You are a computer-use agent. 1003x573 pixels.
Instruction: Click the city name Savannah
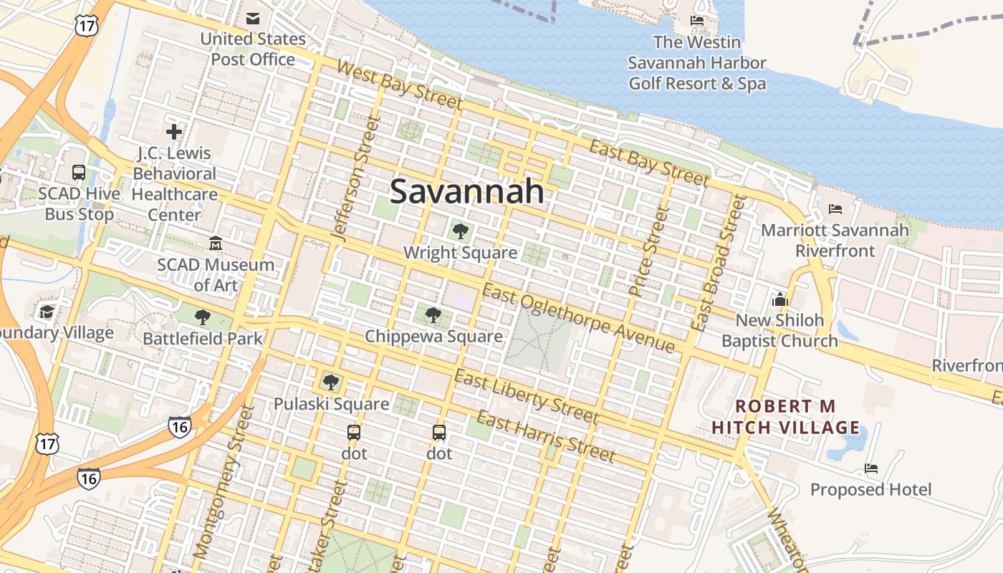pos(466,192)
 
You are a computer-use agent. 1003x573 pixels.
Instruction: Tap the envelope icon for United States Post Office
pos(253,19)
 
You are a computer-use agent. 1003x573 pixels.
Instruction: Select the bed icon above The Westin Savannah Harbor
pos(696,21)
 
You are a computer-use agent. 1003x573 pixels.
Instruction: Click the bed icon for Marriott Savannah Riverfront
pos(835,209)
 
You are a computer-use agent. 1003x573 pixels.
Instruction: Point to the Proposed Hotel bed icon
pos(871,468)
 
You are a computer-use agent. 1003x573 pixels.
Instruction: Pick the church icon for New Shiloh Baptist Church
pos(779,299)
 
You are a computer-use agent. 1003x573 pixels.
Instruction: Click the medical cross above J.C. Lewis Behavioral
pos(174,132)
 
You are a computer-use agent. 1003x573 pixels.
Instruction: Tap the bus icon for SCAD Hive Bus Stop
pos(79,173)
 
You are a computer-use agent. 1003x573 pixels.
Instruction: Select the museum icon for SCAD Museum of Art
pos(216,244)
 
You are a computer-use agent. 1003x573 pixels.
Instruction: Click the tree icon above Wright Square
pos(460,231)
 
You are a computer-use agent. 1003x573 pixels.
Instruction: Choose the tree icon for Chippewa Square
pos(433,314)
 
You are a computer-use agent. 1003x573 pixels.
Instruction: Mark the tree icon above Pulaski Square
pos(330,382)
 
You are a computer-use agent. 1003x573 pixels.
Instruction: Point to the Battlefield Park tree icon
pos(203,317)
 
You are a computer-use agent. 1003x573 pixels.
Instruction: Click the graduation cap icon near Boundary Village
pos(47,312)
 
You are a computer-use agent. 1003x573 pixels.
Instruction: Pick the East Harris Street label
pos(546,436)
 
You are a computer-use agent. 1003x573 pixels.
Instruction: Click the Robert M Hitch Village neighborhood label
pos(785,417)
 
